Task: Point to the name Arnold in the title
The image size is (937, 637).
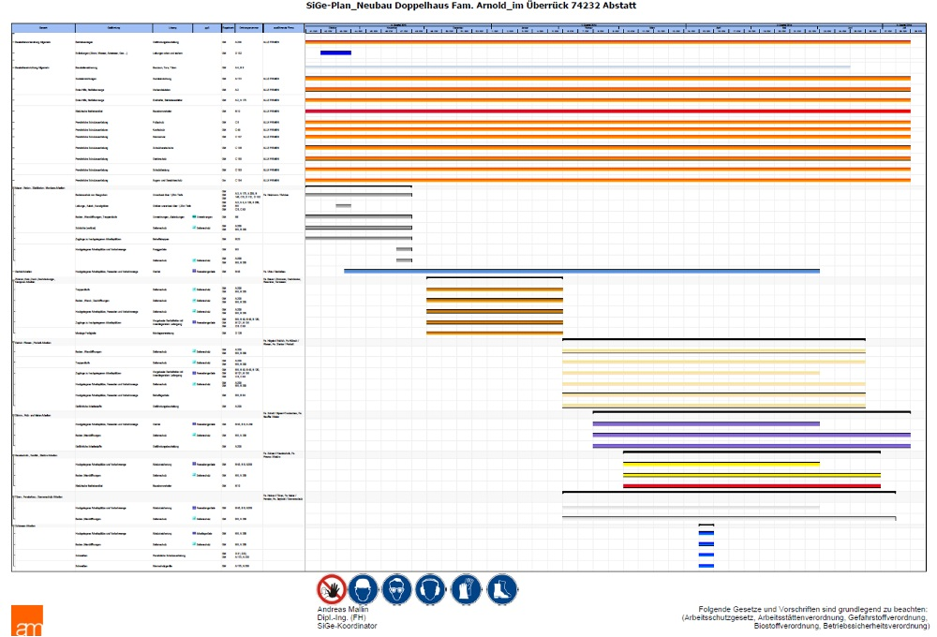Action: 501,7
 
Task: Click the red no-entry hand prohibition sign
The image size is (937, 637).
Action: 331,589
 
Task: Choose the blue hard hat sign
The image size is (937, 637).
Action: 364,589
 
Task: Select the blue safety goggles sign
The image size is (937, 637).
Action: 397,589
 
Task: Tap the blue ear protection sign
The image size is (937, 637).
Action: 431,589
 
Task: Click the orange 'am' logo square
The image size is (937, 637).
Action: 27,621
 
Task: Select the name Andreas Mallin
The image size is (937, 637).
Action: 344,609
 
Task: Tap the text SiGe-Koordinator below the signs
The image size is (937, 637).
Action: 348,626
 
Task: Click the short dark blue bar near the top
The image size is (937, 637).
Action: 335,52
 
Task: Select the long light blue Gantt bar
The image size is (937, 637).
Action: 581,272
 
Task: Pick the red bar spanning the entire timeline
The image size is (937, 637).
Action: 607,111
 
